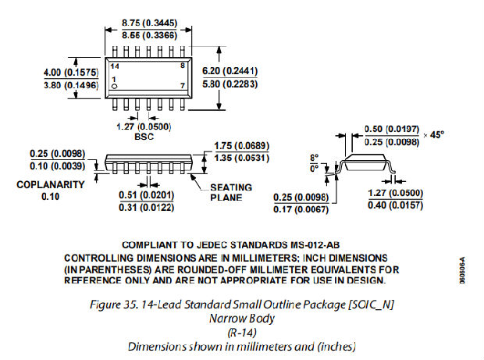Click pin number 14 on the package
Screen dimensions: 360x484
[x=114, y=69]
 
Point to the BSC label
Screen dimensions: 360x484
[x=145, y=136]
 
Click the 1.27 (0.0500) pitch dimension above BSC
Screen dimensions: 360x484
[x=144, y=125]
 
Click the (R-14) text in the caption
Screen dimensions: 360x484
[x=241, y=331]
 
